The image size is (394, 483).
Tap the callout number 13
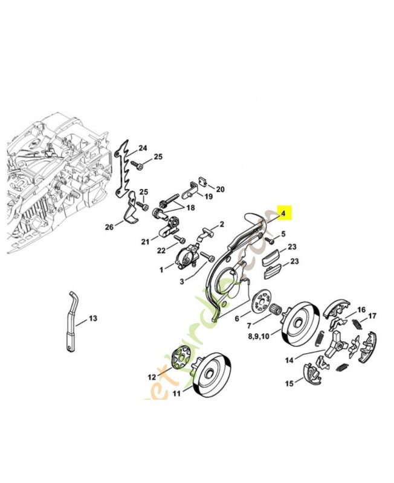(x=92, y=318)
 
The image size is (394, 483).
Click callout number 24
(x=143, y=148)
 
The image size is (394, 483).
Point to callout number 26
(x=109, y=228)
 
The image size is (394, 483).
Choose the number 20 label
(x=220, y=189)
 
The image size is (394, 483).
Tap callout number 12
(x=150, y=377)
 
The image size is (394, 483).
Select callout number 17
(x=372, y=316)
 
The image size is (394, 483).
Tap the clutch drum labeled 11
(x=212, y=371)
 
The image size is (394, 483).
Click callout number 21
(x=145, y=242)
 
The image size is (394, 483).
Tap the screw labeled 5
(x=270, y=240)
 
